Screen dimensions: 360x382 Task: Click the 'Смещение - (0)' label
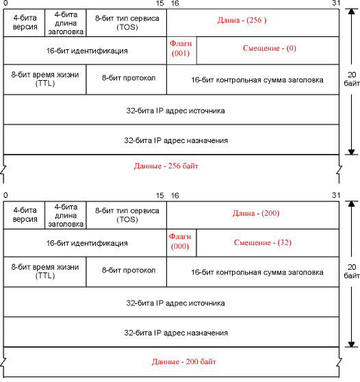pyautogui.click(x=270, y=48)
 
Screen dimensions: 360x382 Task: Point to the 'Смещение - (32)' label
pyautogui.click(x=263, y=242)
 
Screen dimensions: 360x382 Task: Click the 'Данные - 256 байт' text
pyautogui.click(x=166, y=166)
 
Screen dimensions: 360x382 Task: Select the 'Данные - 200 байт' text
pyautogui.click(x=184, y=361)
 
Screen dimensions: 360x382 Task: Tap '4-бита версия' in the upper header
pyautogui.click(x=25, y=22)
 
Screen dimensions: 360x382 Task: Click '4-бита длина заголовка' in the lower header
pyautogui.click(x=66, y=216)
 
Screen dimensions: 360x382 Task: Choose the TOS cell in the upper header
pyautogui.click(x=127, y=23)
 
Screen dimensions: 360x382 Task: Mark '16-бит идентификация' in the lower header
pyautogui.click(x=87, y=243)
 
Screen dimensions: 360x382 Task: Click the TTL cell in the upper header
pyautogui.click(x=45, y=79)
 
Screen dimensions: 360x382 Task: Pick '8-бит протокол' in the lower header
pyautogui.click(x=129, y=270)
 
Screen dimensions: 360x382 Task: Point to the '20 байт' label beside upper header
pyautogui.click(x=352, y=79)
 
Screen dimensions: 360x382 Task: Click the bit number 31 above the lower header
pyautogui.click(x=336, y=195)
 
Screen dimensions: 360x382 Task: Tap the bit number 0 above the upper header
pyautogui.click(x=5, y=3)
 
